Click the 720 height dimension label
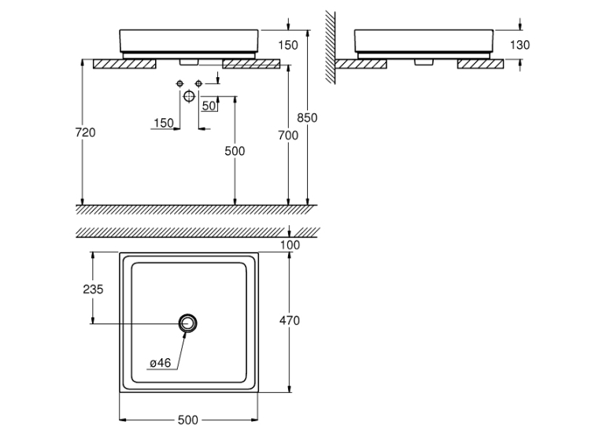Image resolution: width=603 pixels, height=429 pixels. (x=85, y=132)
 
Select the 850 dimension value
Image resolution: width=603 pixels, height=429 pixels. (x=307, y=117)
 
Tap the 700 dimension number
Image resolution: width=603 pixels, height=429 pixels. (x=288, y=135)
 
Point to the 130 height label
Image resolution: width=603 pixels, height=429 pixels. (x=520, y=45)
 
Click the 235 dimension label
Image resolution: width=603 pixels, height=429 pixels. (x=93, y=289)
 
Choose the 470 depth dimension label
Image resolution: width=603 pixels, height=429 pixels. (x=289, y=320)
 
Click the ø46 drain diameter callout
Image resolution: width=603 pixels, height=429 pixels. (x=160, y=363)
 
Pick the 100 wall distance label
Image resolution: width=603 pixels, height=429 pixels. (x=290, y=245)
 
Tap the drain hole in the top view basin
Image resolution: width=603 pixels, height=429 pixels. (x=188, y=323)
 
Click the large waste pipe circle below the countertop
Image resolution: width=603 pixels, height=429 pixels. (x=189, y=96)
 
